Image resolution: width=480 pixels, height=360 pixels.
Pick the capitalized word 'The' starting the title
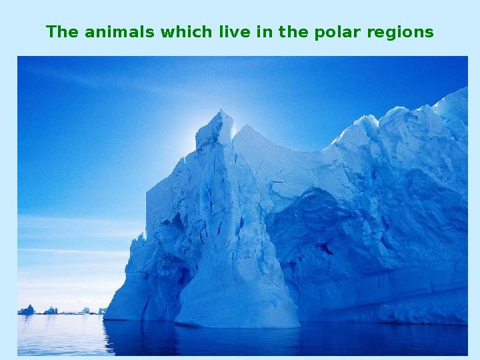(x=62, y=32)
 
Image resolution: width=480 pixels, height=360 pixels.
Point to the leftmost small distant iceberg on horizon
(x=27, y=310)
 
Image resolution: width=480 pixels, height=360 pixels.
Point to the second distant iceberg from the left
(x=51, y=310)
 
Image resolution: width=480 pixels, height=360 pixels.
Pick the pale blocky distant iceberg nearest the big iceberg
(x=101, y=310)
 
